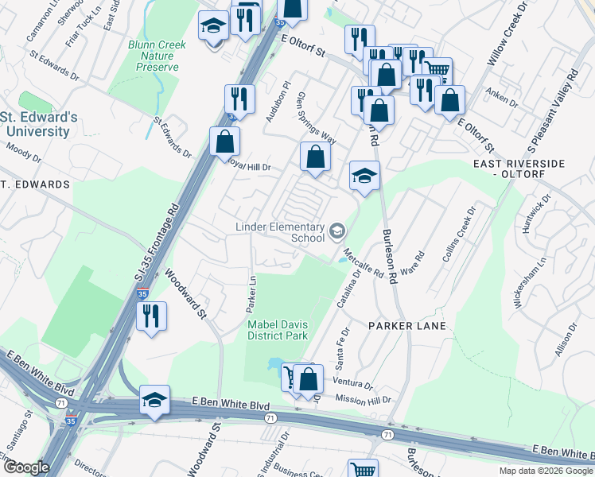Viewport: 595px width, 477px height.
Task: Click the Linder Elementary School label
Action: [x=280, y=232]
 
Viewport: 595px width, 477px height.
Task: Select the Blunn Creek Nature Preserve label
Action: [x=157, y=56]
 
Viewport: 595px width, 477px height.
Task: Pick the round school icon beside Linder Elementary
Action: [x=336, y=232]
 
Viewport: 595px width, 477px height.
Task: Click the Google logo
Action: [x=26, y=467]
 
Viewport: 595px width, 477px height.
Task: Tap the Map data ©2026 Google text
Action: [x=546, y=471]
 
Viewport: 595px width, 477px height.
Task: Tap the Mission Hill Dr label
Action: [x=364, y=398]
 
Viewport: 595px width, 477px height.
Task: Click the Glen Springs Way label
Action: [x=316, y=118]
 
